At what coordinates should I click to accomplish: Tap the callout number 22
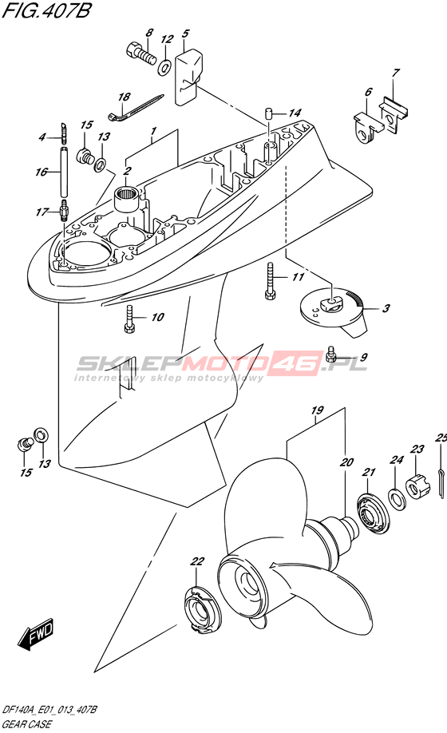(198, 561)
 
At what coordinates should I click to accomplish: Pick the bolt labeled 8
(140, 53)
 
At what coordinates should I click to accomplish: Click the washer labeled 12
(164, 67)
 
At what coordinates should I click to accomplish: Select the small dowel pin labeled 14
(268, 113)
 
